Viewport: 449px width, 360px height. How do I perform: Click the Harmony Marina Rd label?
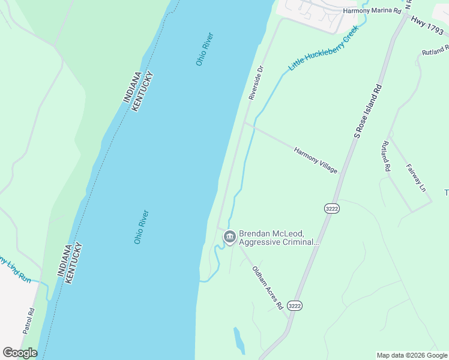[x=371, y=11]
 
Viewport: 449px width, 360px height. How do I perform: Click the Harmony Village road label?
[x=316, y=160]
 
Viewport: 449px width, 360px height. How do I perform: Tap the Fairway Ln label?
[x=415, y=178]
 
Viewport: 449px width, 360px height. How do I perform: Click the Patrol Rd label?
[x=29, y=320]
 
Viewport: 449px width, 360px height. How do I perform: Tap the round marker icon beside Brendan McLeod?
[x=229, y=238]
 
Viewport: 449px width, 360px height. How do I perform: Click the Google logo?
[x=20, y=353]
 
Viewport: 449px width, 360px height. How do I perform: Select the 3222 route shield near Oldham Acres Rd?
[x=294, y=305]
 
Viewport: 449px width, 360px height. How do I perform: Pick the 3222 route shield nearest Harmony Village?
[x=331, y=208]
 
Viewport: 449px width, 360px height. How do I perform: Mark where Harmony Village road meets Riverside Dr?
[x=244, y=123]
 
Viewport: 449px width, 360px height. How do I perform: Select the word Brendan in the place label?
[x=255, y=233]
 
